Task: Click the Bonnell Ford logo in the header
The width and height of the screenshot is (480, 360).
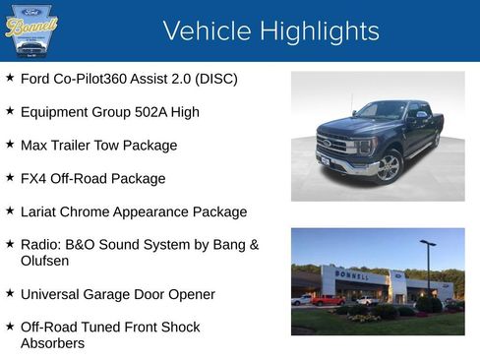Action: [x=31, y=30]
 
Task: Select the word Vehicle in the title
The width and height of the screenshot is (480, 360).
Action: [x=206, y=30]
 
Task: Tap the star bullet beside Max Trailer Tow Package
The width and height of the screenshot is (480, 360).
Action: [x=10, y=144]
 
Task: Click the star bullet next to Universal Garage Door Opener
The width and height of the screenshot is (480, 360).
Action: [x=10, y=293]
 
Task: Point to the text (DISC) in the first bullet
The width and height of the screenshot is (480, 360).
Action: [x=215, y=79]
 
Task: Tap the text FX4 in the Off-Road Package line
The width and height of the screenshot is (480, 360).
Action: [x=33, y=179]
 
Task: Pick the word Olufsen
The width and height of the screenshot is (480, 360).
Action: [x=45, y=262]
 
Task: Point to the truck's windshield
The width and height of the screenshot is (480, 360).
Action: [x=383, y=111]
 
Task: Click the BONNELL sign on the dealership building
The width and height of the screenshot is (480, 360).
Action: [x=351, y=275]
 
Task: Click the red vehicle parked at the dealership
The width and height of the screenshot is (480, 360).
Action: [x=327, y=300]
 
